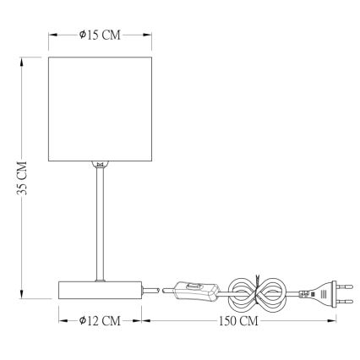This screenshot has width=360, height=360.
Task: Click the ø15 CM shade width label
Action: pyautogui.click(x=100, y=35)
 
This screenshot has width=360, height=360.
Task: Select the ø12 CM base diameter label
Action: pyautogui.click(x=100, y=322)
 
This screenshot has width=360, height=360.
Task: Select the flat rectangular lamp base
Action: pyautogui.click(x=100, y=290)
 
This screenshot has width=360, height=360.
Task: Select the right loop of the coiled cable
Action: pyautogui.click(x=272, y=292)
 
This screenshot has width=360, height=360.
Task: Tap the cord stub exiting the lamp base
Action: pyautogui.click(x=150, y=291)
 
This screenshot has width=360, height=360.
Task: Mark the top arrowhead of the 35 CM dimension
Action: pyautogui.click(x=24, y=59)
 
